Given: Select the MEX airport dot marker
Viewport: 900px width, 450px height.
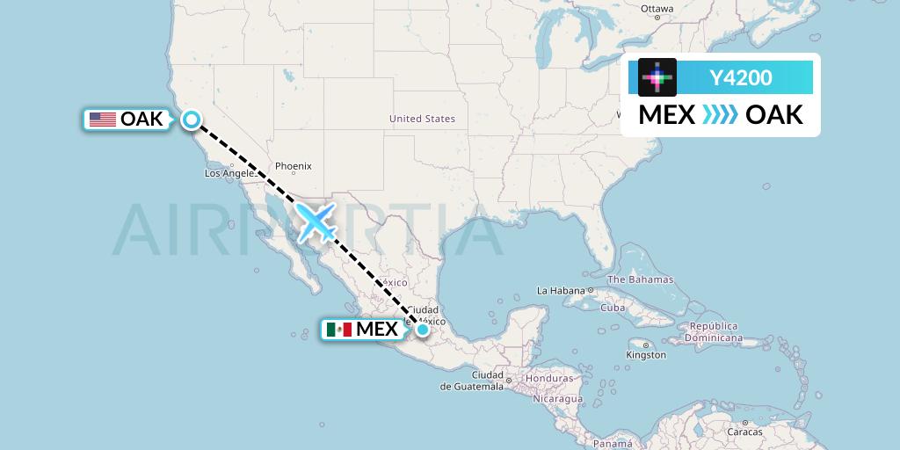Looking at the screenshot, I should click(423, 329).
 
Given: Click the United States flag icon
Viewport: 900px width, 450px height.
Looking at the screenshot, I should click(103, 120).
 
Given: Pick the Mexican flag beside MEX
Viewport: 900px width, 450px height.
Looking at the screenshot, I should click(338, 330).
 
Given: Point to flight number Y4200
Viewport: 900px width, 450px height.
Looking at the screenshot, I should click(741, 78).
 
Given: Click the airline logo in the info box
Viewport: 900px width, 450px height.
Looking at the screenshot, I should click(657, 77).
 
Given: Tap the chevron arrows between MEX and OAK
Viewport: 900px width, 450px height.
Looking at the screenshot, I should click(720, 115).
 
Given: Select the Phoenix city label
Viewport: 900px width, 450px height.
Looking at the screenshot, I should click(294, 166).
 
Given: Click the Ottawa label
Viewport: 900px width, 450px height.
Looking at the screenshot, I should click(657, 10).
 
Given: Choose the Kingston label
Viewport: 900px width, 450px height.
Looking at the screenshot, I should click(646, 355).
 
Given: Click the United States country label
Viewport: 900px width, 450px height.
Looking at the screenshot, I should click(422, 119).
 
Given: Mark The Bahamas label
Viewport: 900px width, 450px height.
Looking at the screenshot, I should click(640, 279).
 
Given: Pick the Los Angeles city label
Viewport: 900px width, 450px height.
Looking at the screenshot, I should click(229, 173).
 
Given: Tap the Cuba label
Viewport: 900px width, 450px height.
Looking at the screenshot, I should click(612, 308).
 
